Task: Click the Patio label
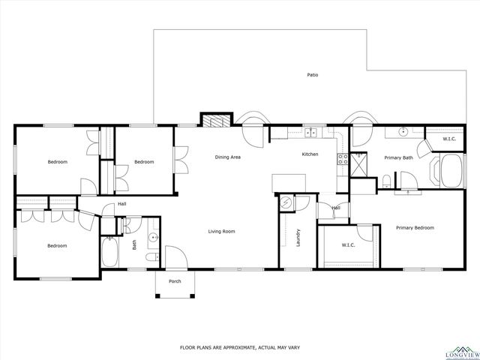(x=311, y=74)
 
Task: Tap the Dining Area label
(x=227, y=157)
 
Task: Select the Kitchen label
(x=310, y=154)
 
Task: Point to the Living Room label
(x=221, y=232)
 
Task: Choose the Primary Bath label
(x=398, y=158)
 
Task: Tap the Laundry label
(x=298, y=238)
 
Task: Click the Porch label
(x=175, y=281)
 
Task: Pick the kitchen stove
(x=342, y=159)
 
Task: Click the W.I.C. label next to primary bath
(x=449, y=139)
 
